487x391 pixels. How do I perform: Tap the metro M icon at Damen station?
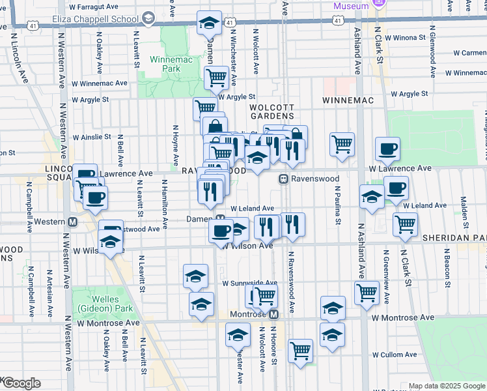click(x=221, y=219)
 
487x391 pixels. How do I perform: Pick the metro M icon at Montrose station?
click(x=274, y=313)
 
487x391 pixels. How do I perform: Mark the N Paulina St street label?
click(x=338, y=205)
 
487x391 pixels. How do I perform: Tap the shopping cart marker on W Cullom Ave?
click(x=300, y=351)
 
